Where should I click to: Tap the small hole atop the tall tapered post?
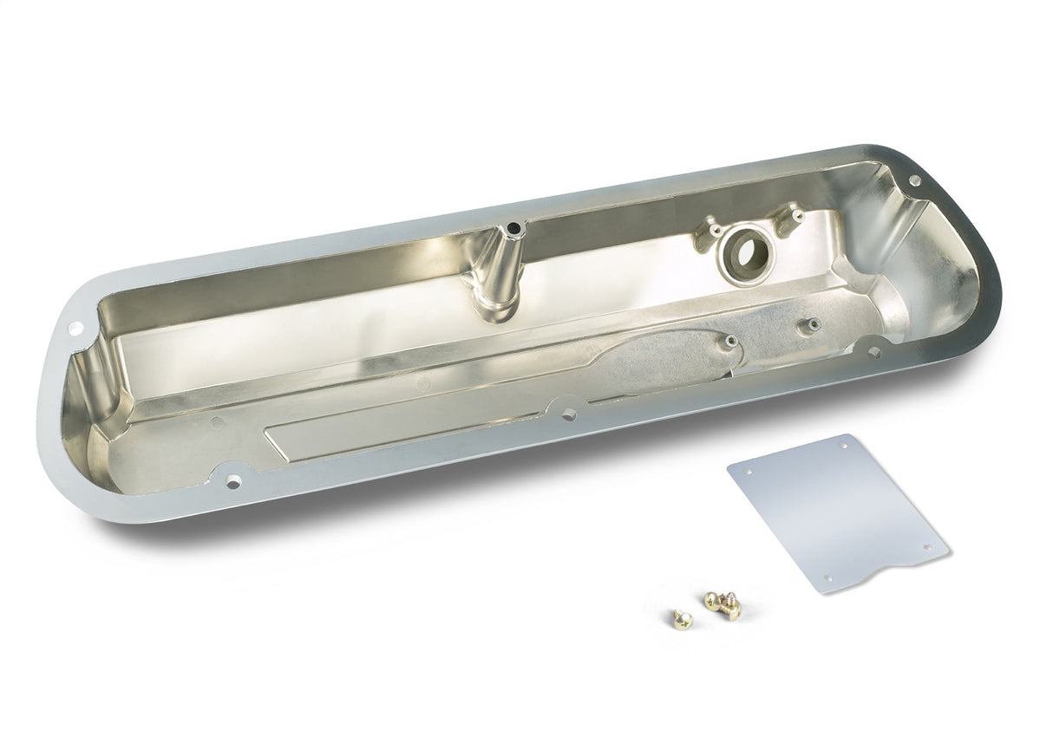click(513, 229)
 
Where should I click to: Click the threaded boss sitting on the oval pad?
click(732, 342)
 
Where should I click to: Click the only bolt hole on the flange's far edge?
click(913, 180)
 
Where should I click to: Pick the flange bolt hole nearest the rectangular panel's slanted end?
click(233, 479)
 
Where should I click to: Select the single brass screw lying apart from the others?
click(678, 617)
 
